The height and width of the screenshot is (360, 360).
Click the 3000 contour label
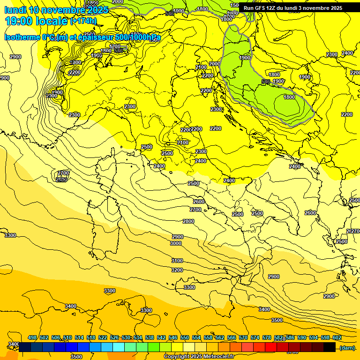[x=176, y=244]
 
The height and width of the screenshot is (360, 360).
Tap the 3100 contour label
[x=177, y=261]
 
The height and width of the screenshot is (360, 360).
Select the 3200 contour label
[x=177, y=270]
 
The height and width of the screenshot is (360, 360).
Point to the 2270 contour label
[x=353, y=232]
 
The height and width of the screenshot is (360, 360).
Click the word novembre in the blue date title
[x=67, y=10]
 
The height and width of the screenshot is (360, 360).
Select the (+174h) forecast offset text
[x=83, y=21]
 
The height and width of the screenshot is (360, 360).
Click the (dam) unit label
[x=347, y=347]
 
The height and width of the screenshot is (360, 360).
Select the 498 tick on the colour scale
[x=32, y=337]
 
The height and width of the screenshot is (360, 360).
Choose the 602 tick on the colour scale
[x=337, y=337]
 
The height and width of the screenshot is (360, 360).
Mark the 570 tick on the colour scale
[x=243, y=337]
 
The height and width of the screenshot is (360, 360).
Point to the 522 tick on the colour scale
[x=103, y=337]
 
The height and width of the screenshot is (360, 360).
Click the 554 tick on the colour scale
[x=196, y=337]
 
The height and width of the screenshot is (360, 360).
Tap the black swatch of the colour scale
[x=330, y=347]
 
